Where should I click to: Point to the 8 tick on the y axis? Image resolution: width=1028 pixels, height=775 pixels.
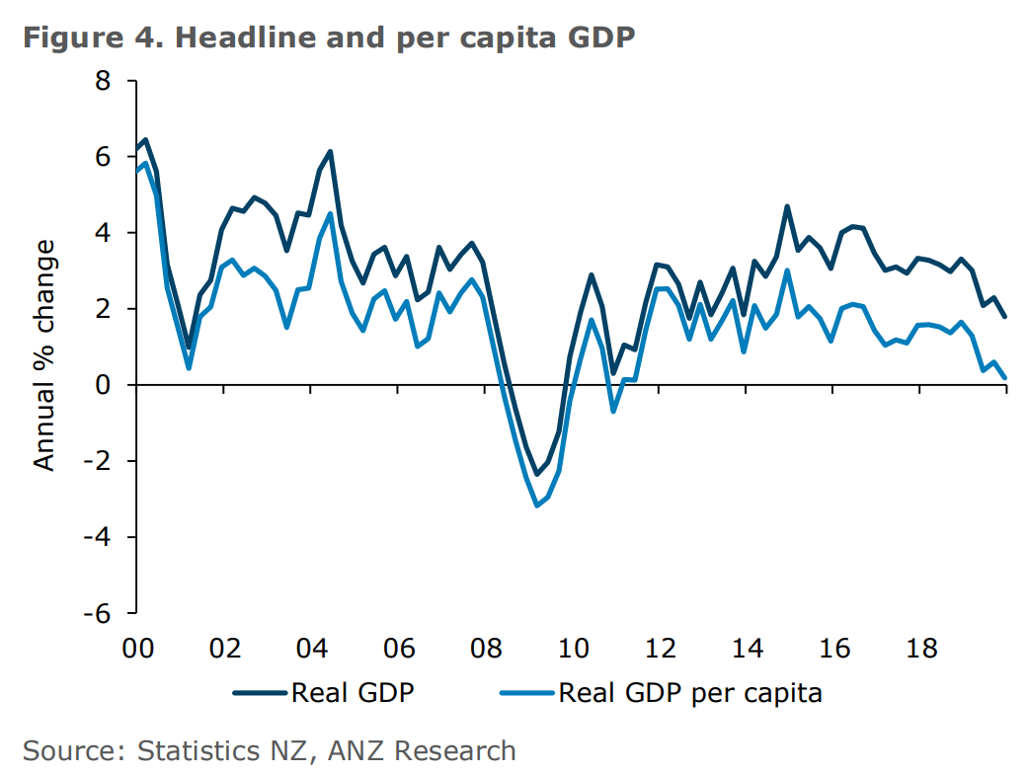(103, 81)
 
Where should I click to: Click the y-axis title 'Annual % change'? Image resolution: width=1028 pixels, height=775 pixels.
(45, 352)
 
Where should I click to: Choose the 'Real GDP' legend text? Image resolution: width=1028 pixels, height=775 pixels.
(352, 693)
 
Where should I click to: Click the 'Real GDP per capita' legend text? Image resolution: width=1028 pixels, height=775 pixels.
(690, 693)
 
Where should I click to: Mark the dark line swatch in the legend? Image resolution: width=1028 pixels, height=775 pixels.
(261, 693)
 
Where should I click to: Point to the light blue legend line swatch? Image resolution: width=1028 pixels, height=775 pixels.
(528, 693)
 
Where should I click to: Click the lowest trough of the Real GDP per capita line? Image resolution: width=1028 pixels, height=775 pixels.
(537, 505)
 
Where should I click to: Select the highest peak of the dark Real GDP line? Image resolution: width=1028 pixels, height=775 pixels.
(145, 140)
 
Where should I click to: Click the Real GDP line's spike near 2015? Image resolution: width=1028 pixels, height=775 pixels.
(787, 206)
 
